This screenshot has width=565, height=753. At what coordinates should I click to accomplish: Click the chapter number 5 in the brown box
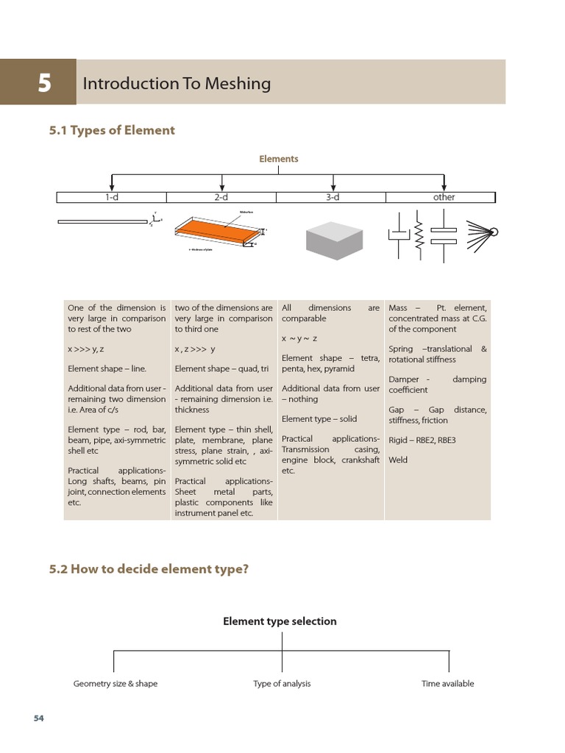(x=44, y=83)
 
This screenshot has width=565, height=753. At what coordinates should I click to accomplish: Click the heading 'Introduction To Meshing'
(x=177, y=83)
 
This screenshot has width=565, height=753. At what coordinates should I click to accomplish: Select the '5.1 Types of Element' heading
(x=112, y=130)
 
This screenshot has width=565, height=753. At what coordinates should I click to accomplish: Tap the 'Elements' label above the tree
(x=278, y=158)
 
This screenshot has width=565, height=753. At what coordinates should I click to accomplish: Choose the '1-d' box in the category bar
(x=112, y=197)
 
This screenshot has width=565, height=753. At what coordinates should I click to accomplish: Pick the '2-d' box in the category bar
(x=221, y=197)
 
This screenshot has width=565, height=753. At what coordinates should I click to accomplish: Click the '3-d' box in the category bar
(x=332, y=197)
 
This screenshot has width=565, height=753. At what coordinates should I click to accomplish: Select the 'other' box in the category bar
(x=444, y=197)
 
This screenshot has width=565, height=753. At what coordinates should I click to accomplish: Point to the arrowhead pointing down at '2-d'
(x=222, y=187)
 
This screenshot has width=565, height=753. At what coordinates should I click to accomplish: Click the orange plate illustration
(x=217, y=230)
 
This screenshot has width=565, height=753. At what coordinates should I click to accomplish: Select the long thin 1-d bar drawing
(x=102, y=221)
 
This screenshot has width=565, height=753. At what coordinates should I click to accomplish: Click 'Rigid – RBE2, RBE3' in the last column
(x=422, y=440)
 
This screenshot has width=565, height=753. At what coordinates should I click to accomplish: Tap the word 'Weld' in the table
(x=397, y=460)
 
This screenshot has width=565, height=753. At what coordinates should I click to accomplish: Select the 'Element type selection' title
(x=280, y=621)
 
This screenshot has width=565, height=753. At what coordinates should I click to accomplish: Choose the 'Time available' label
(x=447, y=683)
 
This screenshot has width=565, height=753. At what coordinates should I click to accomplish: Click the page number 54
(x=39, y=718)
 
